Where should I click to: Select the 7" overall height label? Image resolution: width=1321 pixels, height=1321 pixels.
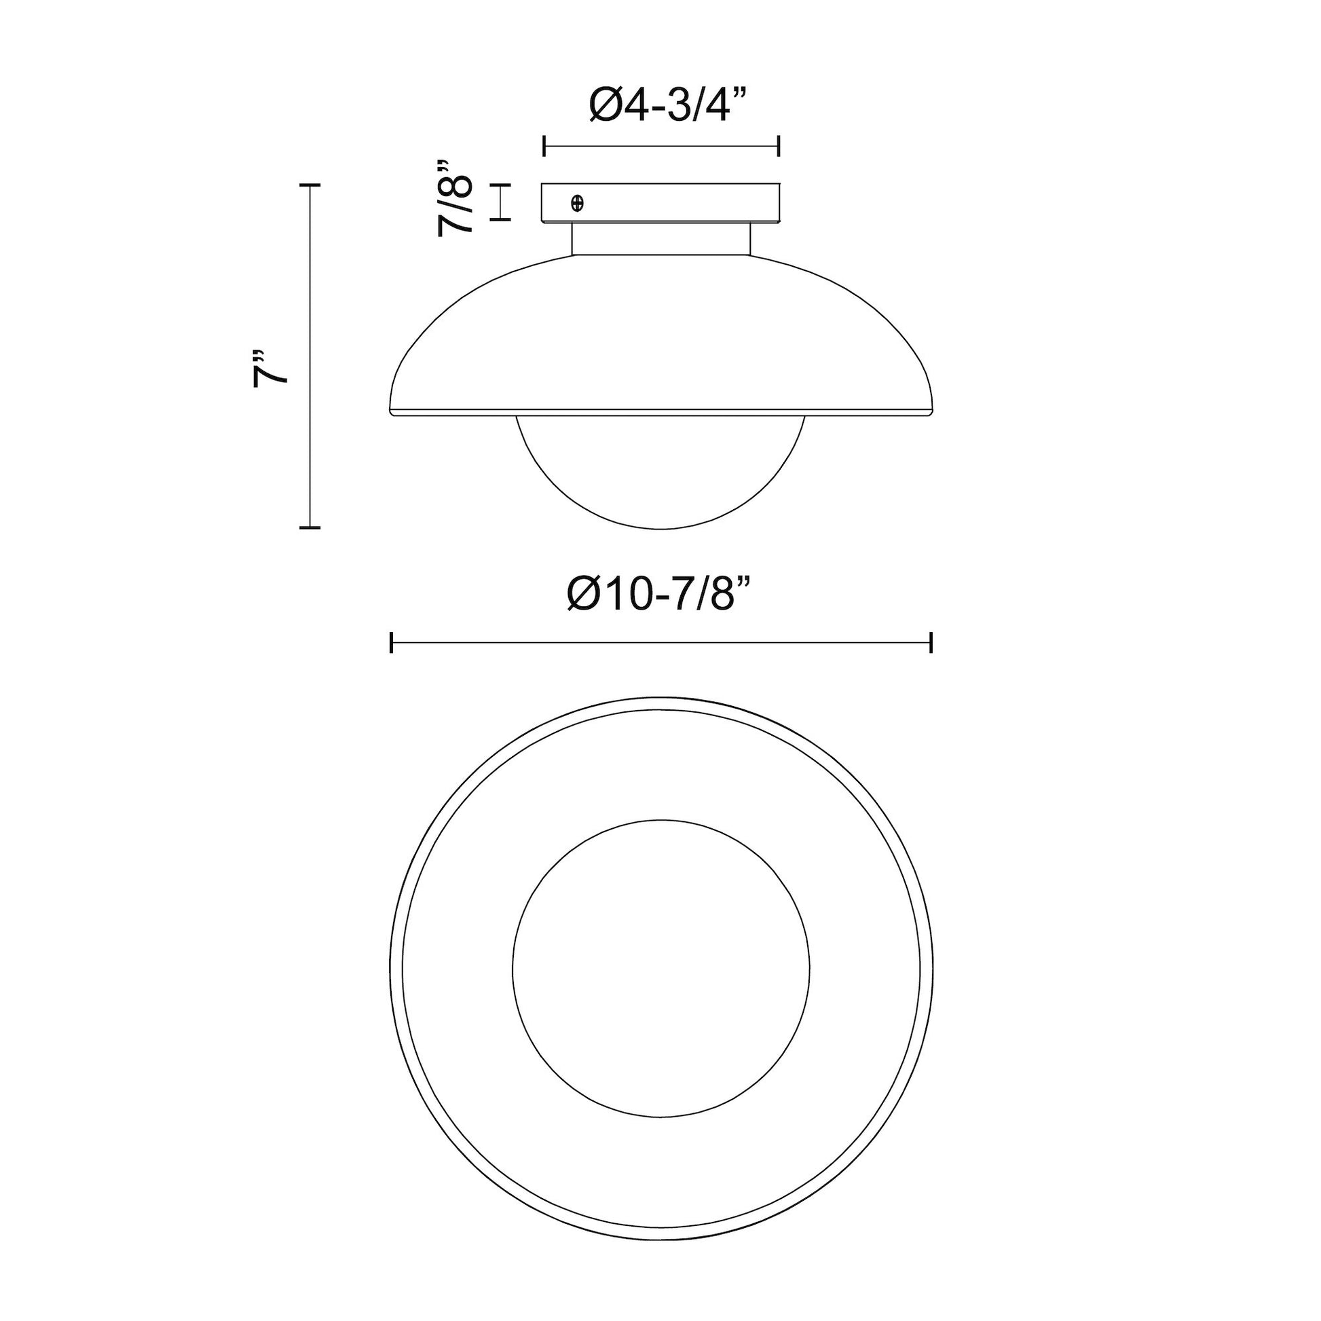269,370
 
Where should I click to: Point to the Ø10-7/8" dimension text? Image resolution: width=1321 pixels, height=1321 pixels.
660,593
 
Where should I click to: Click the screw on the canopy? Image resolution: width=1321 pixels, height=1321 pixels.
577,202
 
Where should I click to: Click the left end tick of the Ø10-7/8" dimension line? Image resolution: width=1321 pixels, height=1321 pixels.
391,643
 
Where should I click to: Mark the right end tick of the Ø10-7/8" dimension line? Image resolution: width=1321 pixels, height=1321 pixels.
931,643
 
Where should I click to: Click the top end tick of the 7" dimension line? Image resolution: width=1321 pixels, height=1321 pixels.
310,185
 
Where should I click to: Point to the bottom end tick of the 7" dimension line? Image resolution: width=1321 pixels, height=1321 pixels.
310,527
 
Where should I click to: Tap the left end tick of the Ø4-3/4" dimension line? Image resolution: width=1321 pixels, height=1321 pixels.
544,147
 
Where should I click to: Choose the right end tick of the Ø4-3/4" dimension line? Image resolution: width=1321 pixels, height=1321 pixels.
779,147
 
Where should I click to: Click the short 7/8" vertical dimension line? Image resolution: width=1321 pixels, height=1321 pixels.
502,202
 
